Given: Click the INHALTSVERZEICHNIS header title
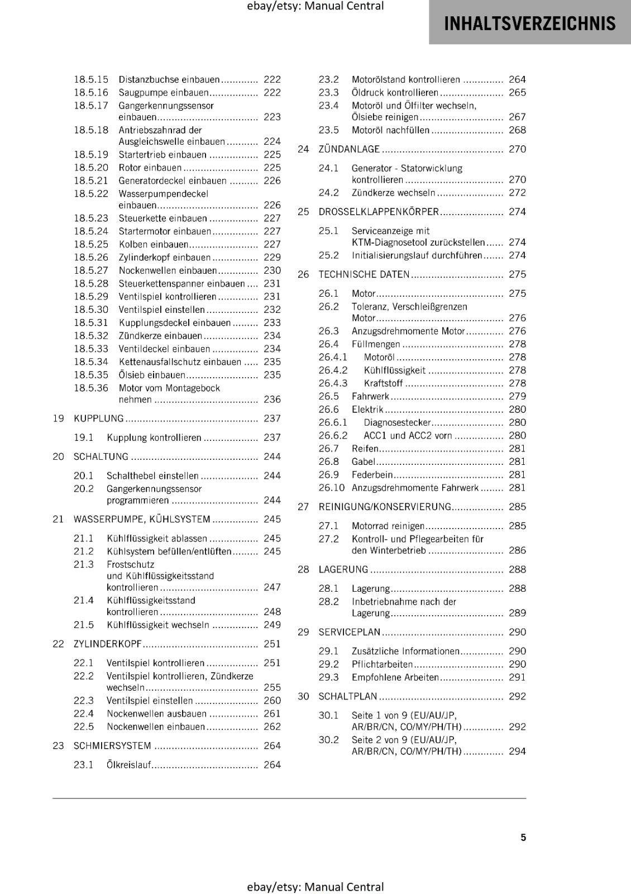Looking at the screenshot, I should click(x=529, y=23).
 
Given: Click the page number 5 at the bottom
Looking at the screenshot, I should click(x=523, y=837).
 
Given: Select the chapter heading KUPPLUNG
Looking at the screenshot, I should click(x=99, y=419).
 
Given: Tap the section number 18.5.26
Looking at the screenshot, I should click(x=91, y=257).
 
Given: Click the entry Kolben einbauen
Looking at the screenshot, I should click(x=153, y=244).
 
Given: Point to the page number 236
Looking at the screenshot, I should click(x=272, y=400).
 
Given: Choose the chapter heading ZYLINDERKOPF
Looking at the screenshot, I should click(x=108, y=644).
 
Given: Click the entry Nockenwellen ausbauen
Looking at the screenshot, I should click(x=156, y=714).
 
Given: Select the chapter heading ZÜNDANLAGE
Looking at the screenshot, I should click(x=349, y=149).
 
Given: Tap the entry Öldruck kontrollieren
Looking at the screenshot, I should click(x=395, y=93).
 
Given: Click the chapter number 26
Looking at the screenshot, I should click(x=303, y=274).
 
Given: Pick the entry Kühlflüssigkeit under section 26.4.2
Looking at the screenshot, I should click(x=394, y=370).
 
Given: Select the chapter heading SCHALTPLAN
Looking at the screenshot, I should click(x=348, y=696).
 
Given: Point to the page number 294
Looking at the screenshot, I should click(x=517, y=752).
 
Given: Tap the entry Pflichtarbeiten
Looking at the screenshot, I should click(x=382, y=664).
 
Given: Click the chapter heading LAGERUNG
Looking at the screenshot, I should click(x=343, y=569).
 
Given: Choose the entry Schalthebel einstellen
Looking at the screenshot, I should click(x=152, y=476).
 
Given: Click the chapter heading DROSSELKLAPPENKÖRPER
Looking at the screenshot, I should click(x=379, y=212).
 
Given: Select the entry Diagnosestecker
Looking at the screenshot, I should click(x=397, y=422).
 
